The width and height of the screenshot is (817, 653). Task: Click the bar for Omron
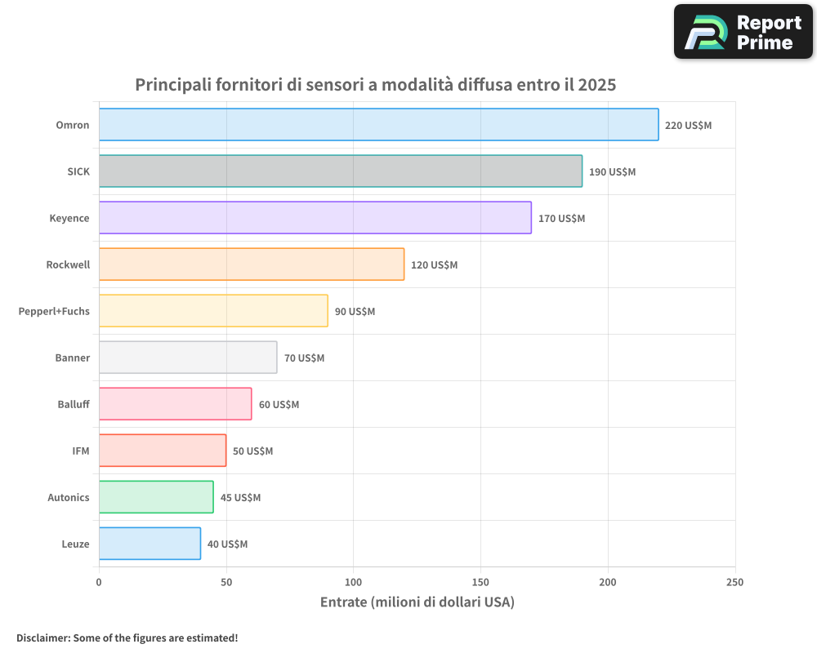(378, 125)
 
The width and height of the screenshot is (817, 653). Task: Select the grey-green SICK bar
(341, 171)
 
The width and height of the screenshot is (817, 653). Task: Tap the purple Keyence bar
(315, 218)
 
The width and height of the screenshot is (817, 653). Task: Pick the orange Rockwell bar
(252, 264)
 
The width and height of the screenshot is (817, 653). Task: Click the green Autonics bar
(156, 497)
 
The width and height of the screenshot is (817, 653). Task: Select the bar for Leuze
(150, 544)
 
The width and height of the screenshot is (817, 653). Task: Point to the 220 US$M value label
(688, 126)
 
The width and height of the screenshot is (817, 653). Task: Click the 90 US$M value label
(355, 312)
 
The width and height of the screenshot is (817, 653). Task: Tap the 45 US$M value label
(240, 498)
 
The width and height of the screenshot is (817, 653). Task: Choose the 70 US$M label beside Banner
(304, 358)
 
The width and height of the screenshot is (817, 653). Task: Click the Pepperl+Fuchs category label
(54, 311)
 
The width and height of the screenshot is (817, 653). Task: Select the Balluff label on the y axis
(74, 404)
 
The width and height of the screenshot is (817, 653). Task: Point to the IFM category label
(81, 451)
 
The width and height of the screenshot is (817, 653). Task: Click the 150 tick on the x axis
(480, 582)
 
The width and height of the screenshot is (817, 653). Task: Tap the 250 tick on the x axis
(734, 582)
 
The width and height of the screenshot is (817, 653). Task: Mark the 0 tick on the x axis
(99, 582)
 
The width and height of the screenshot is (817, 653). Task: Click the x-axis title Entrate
(417, 602)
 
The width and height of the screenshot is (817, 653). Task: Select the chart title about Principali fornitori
(375, 85)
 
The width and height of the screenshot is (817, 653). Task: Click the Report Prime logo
(743, 32)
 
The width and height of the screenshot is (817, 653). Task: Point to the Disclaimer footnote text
(127, 637)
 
